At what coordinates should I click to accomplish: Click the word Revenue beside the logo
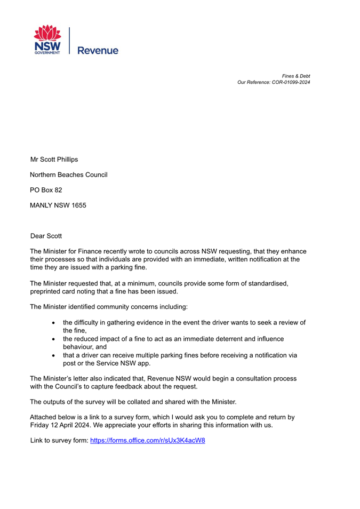click(98, 51)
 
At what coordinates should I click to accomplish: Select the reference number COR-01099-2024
click(289, 82)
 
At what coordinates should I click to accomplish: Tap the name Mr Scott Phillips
click(54, 159)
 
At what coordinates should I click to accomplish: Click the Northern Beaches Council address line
click(69, 174)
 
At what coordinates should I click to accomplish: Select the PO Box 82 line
click(46, 189)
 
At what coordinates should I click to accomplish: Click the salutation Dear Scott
click(46, 235)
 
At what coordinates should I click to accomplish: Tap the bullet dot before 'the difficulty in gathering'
click(54, 323)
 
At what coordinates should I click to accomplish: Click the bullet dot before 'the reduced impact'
click(54, 339)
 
